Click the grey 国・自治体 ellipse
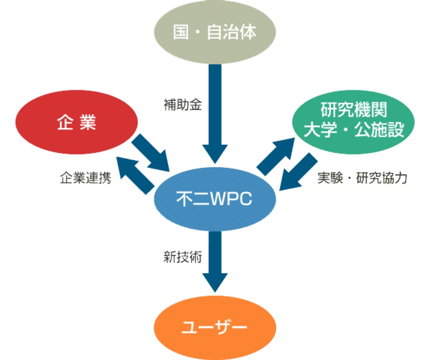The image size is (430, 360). click(215, 32)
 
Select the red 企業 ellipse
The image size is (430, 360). click(77, 122)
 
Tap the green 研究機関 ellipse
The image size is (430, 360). click(353, 122)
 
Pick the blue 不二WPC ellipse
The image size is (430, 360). click(215, 199)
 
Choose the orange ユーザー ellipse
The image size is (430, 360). click(215, 327)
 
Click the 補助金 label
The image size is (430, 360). click(183, 105)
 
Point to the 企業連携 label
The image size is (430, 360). click(86, 178)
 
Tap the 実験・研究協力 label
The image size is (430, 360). click(362, 178)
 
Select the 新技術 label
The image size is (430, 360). click(183, 257)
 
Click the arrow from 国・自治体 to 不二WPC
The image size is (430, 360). click(215, 114)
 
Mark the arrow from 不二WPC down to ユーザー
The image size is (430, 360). click(215, 262)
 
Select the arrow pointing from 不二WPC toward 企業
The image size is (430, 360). click(135, 176)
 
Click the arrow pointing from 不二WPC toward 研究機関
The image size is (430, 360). click(276, 157)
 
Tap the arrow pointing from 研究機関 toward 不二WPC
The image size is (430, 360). click(298, 172)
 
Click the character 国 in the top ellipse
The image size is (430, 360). click(181, 32)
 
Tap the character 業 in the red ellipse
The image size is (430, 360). click(88, 122)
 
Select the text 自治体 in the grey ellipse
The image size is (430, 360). click(232, 32)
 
